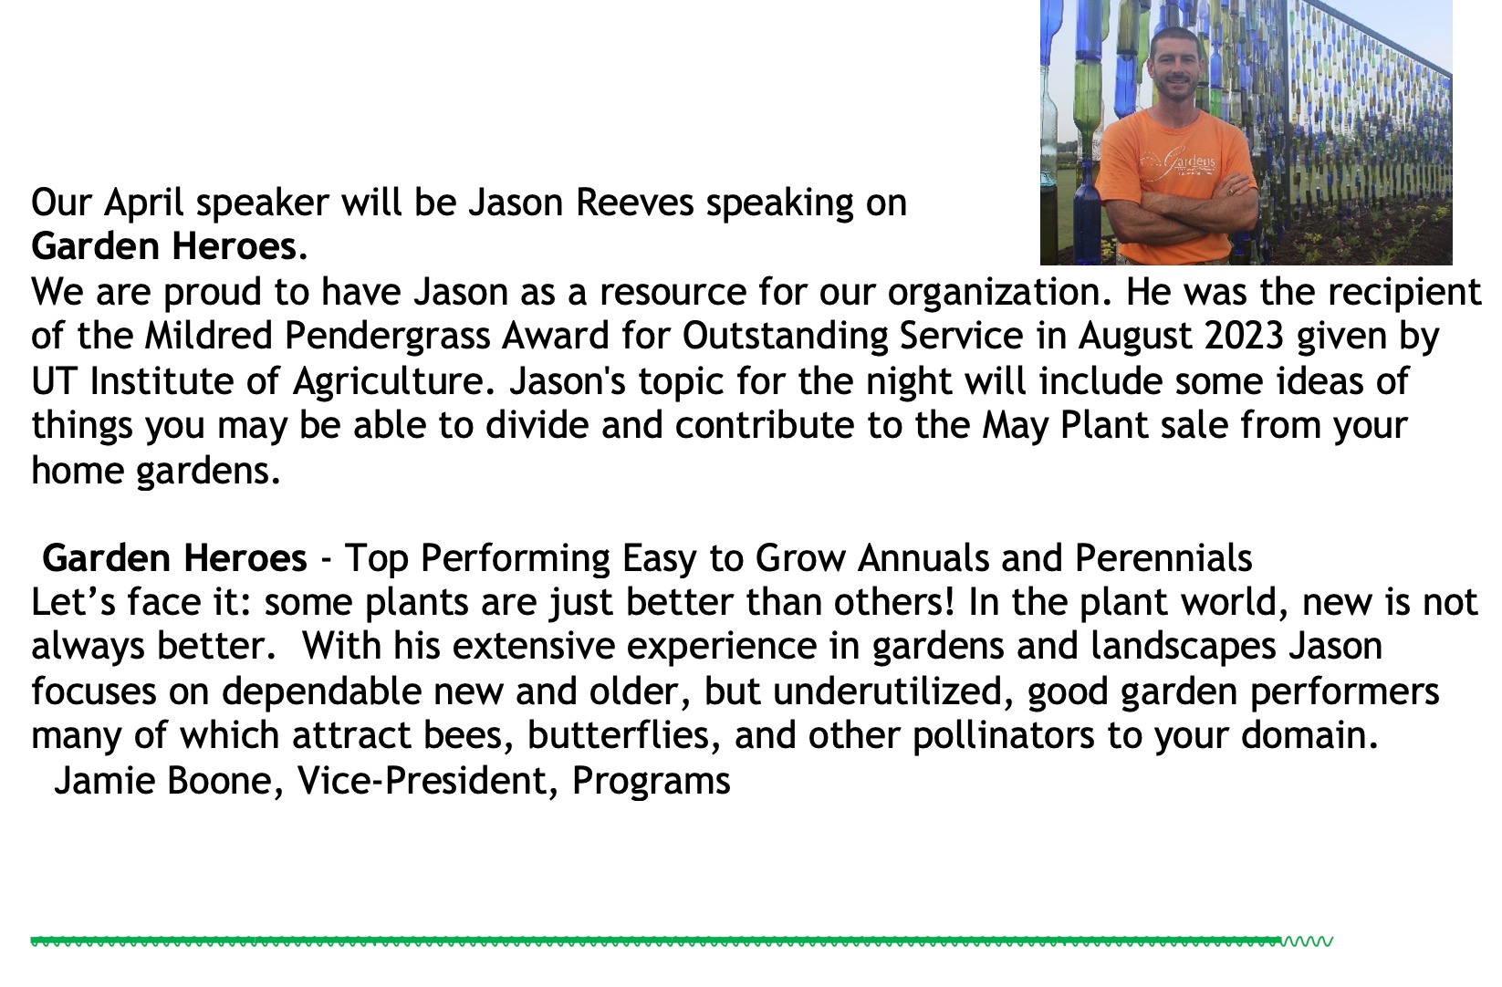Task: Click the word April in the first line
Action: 143,203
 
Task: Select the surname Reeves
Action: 634,203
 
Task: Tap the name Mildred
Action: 209,336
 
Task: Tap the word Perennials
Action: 1164,558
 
